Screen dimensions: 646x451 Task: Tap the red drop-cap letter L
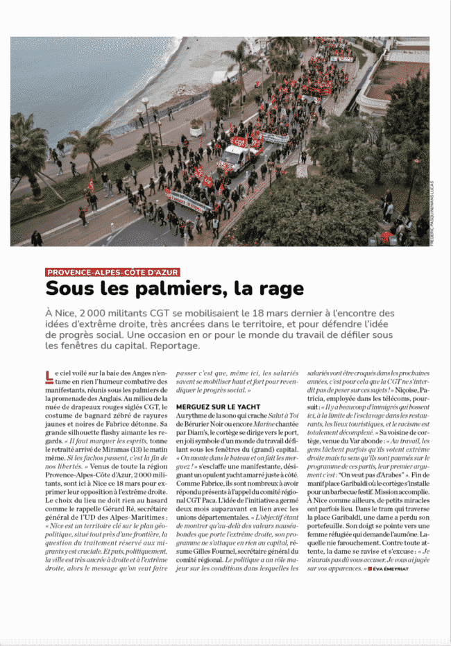tap(49, 376)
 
